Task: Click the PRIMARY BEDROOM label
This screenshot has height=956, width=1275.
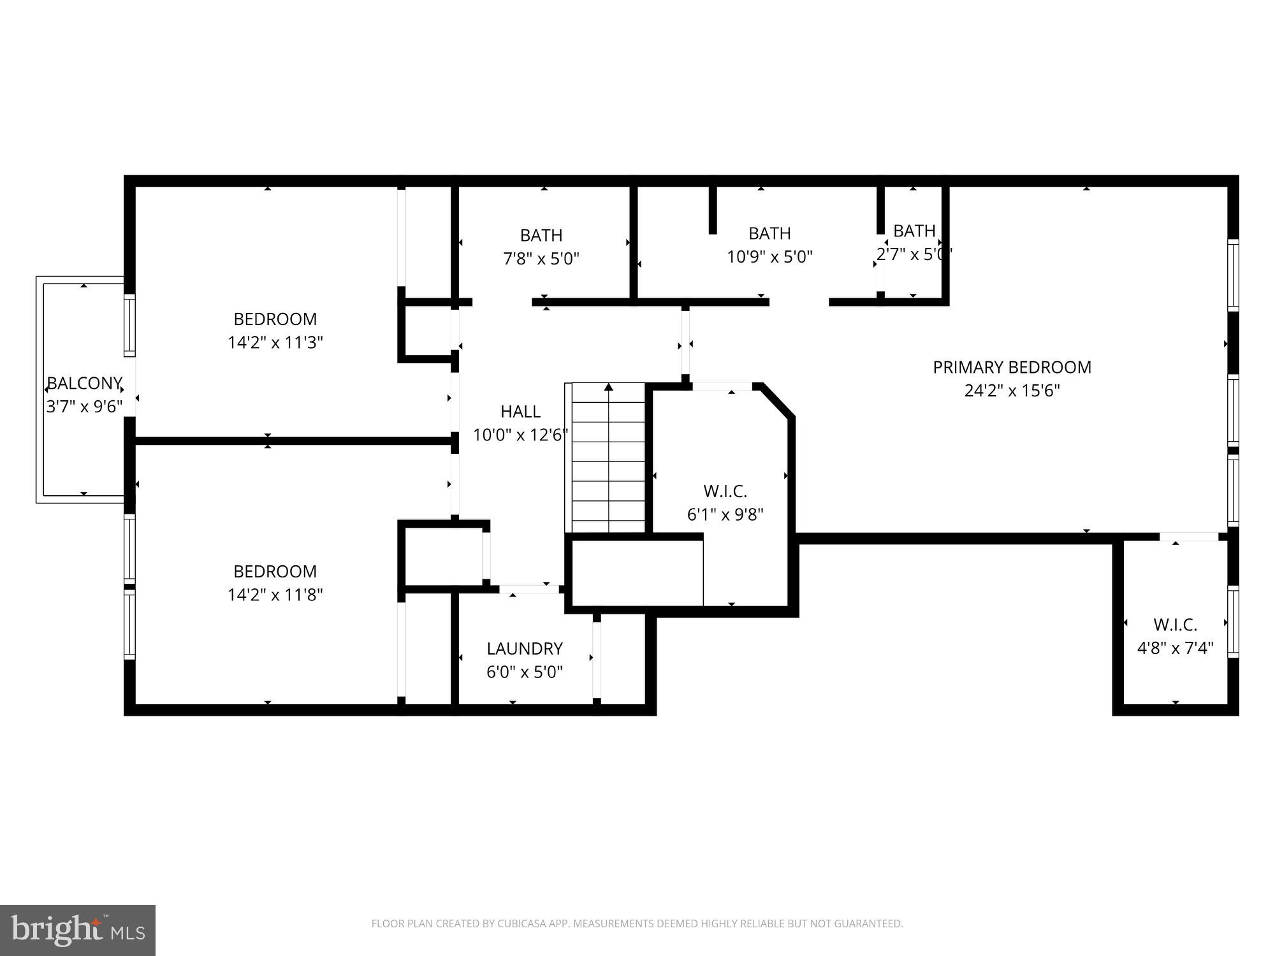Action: click(1012, 367)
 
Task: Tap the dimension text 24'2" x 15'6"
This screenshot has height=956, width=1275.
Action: click(1012, 391)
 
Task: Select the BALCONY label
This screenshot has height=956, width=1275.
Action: click(84, 383)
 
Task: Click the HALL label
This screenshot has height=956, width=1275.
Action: click(520, 411)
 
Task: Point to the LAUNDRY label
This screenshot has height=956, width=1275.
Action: click(525, 648)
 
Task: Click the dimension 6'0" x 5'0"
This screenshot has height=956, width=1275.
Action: click(525, 672)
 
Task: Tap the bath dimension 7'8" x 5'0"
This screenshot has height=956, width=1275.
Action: click(541, 258)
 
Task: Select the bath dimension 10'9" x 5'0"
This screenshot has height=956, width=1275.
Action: click(769, 257)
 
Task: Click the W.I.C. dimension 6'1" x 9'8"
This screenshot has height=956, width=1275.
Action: click(725, 514)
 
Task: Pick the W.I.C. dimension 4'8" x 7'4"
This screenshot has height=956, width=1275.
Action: click(1175, 648)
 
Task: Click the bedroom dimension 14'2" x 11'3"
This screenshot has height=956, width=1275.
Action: click(275, 342)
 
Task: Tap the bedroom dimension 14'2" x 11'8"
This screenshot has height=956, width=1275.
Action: click(275, 595)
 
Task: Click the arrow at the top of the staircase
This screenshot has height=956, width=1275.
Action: click(609, 387)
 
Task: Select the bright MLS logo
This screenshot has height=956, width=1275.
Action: click(78, 931)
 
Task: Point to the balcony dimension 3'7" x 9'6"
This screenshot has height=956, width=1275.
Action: click(84, 407)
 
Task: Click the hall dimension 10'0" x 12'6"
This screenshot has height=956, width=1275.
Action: click(520, 435)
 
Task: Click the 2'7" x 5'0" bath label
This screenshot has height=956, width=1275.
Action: click(914, 254)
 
